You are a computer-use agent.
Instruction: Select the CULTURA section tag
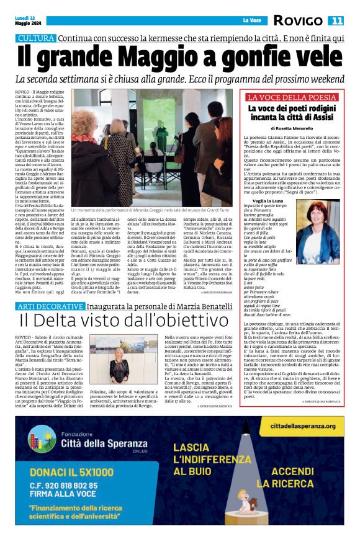click(36, 38)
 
